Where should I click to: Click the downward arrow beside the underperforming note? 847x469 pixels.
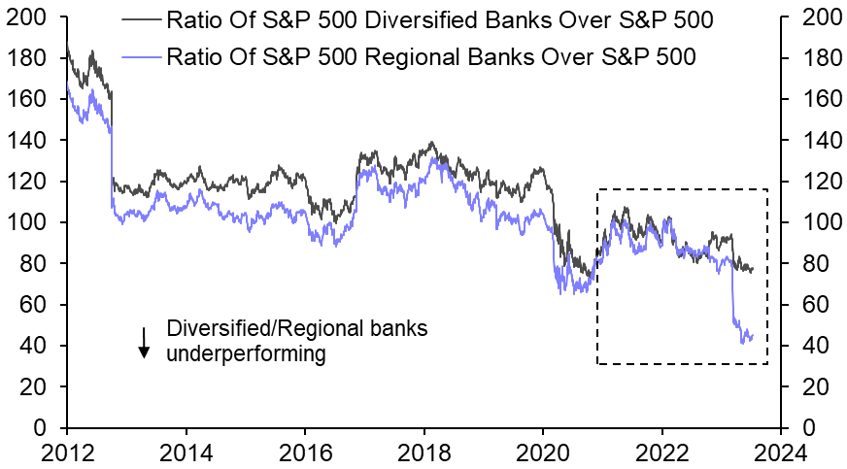coord(144,342)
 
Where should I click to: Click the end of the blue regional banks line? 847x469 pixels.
coord(753,334)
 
